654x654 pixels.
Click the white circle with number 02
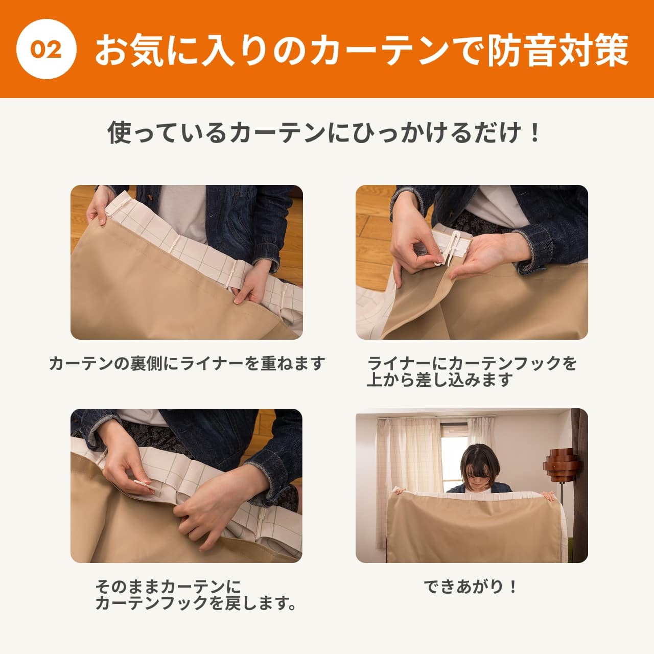[46, 49]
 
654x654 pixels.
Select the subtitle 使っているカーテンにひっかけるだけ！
[324, 133]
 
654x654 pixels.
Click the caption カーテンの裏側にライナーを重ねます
[187, 364]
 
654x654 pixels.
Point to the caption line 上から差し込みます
[439, 380]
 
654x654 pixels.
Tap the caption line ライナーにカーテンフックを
[472, 363]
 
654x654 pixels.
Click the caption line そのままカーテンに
[168, 586]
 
